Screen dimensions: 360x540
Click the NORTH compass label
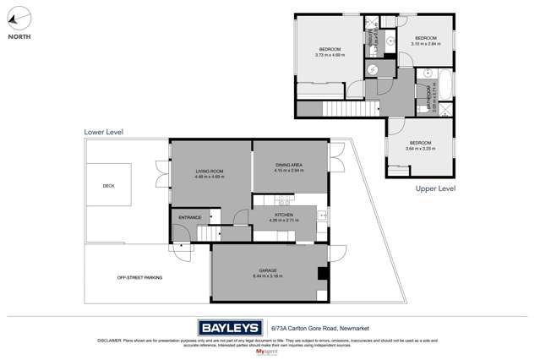click(x=20, y=36)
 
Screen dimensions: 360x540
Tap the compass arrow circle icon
click(x=19, y=18)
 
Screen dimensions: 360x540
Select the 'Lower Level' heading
click(x=104, y=132)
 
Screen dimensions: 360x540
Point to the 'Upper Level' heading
click(x=435, y=188)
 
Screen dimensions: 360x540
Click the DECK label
click(x=108, y=186)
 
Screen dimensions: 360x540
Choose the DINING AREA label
click(x=289, y=166)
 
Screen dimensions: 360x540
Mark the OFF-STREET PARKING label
click(x=139, y=277)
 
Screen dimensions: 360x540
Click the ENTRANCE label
click(x=189, y=217)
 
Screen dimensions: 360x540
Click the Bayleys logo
click(x=230, y=328)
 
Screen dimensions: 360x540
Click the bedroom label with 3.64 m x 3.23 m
click(x=420, y=143)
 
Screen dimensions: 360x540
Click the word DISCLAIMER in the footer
click(x=111, y=341)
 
